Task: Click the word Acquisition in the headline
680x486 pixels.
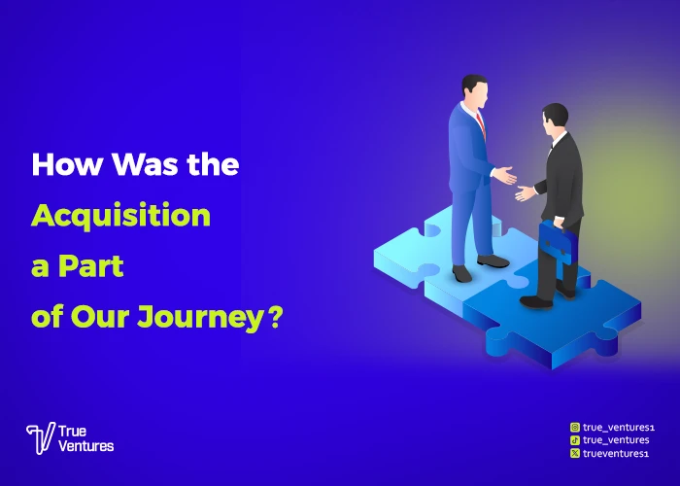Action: coord(120,215)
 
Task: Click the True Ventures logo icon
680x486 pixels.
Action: coord(40,438)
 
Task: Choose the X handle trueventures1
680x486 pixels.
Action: coord(614,453)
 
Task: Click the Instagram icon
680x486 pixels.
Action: coord(575,427)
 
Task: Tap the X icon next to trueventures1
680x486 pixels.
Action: coord(575,453)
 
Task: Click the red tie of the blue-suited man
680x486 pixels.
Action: coord(480,121)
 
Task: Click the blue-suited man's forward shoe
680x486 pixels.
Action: coord(493,261)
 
